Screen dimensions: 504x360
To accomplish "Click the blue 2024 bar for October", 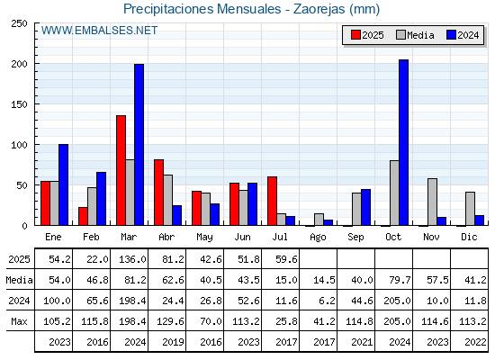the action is point(403,142).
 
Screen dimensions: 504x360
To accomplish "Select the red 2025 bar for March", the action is point(121,170).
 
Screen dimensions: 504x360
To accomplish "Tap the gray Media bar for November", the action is point(432,202).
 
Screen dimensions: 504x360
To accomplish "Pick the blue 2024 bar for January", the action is point(63,184).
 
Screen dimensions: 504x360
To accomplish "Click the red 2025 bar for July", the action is point(272,201).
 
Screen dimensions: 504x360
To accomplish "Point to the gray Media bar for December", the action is point(470,209).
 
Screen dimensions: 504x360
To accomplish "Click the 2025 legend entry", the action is point(367,35).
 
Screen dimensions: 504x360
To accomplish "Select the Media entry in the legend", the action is point(415,35).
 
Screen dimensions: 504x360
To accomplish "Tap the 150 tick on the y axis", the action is point(19,104).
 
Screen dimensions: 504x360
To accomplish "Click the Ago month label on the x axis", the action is point(318,238).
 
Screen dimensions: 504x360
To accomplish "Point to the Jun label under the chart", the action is point(242,237).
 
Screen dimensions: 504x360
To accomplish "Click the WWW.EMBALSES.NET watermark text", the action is point(99,31).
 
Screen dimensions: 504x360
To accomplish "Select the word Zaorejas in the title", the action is point(319,9).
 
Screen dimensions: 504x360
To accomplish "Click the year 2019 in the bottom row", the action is point(173,342).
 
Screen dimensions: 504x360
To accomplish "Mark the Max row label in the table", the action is point(19,321).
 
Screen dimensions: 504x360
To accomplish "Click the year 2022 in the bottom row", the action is point(475,342).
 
